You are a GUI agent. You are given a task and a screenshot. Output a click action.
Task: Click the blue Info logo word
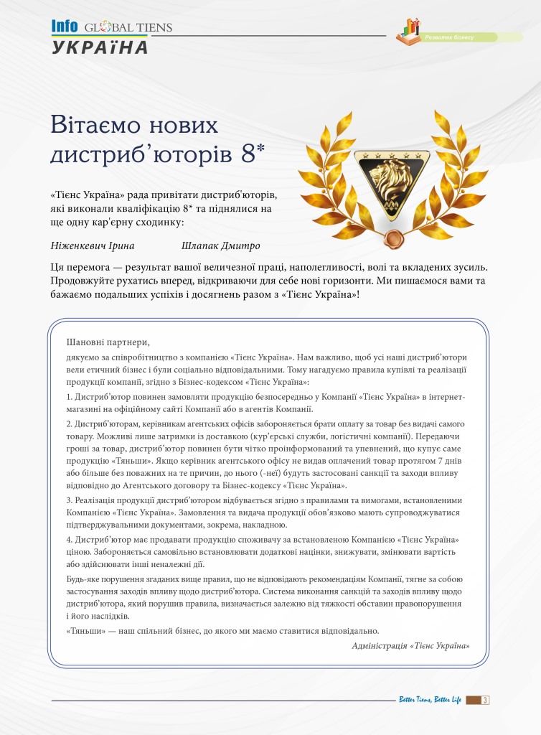pyautogui.click(x=64, y=27)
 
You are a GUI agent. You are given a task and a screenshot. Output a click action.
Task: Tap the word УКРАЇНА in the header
pyautogui.click(x=100, y=48)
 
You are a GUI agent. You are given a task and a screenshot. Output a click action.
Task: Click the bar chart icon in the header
pyautogui.click(x=411, y=29)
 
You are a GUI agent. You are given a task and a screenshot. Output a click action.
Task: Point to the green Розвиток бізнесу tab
pyautogui.click(x=466, y=36)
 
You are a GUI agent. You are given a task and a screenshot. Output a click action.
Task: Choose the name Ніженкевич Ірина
pyautogui.click(x=89, y=245)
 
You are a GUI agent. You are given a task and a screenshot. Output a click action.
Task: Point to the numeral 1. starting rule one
pyautogui.click(x=69, y=396)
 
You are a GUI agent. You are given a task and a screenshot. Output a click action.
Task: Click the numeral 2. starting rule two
pyautogui.click(x=69, y=423)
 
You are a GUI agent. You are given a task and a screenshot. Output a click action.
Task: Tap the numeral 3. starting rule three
pyautogui.click(x=69, y=500)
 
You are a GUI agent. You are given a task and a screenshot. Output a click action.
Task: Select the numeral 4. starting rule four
pyautogui.click(x=69, y=539)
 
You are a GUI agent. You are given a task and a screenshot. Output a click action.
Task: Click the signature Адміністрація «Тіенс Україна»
pyautogui.click(x=411, y=645)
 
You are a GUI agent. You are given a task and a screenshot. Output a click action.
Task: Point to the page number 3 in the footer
pyautogui.click(x=486, y=700)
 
